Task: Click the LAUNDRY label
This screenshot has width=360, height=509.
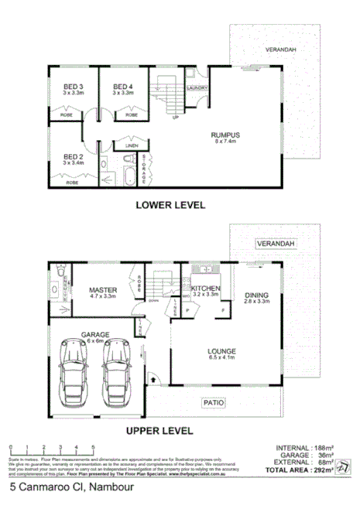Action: pyautogui.click(x=195, y=88)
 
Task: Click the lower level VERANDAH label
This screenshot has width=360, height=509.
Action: pyautogui.click(x=281, y=49)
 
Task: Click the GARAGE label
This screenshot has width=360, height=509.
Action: pyautogui.click(x=95, y=335)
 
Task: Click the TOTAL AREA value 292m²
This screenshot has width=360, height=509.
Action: pyautogui.click(x=324, y=469)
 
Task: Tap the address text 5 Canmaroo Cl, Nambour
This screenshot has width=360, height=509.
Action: pyautogui.click(x=62, y=488)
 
